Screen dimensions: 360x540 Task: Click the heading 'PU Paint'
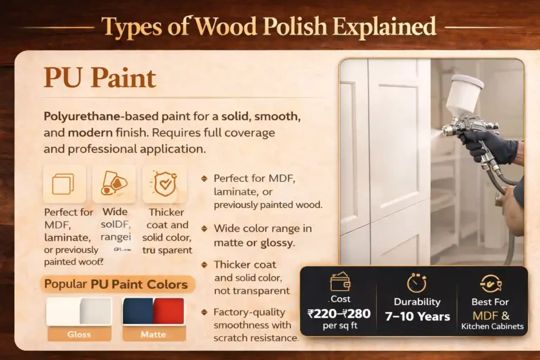100,78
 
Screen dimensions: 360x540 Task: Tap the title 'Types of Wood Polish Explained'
269,26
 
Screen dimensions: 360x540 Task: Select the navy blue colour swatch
138,312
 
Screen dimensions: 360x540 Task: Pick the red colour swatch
169,312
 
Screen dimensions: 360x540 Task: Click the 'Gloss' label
79,334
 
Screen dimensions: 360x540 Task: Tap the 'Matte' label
153,334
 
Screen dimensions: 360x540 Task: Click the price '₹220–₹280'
339,314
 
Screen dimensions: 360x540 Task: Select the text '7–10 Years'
417,316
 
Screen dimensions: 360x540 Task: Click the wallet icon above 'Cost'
340,282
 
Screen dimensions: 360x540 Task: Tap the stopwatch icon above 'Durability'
417,283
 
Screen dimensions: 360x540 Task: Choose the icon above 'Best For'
491,284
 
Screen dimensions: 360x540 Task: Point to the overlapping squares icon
63,184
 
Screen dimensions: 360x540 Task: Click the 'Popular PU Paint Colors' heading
116,285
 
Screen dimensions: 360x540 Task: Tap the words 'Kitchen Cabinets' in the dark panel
493,326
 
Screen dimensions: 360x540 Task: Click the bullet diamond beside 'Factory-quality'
205,313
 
